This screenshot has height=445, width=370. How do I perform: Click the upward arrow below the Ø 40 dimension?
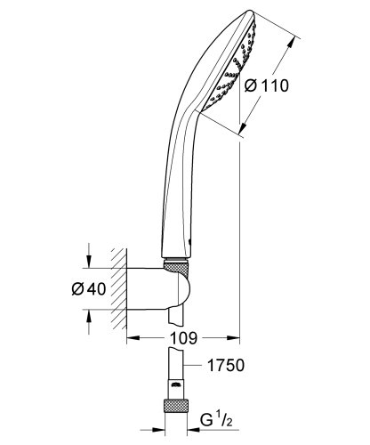[88, 315]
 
